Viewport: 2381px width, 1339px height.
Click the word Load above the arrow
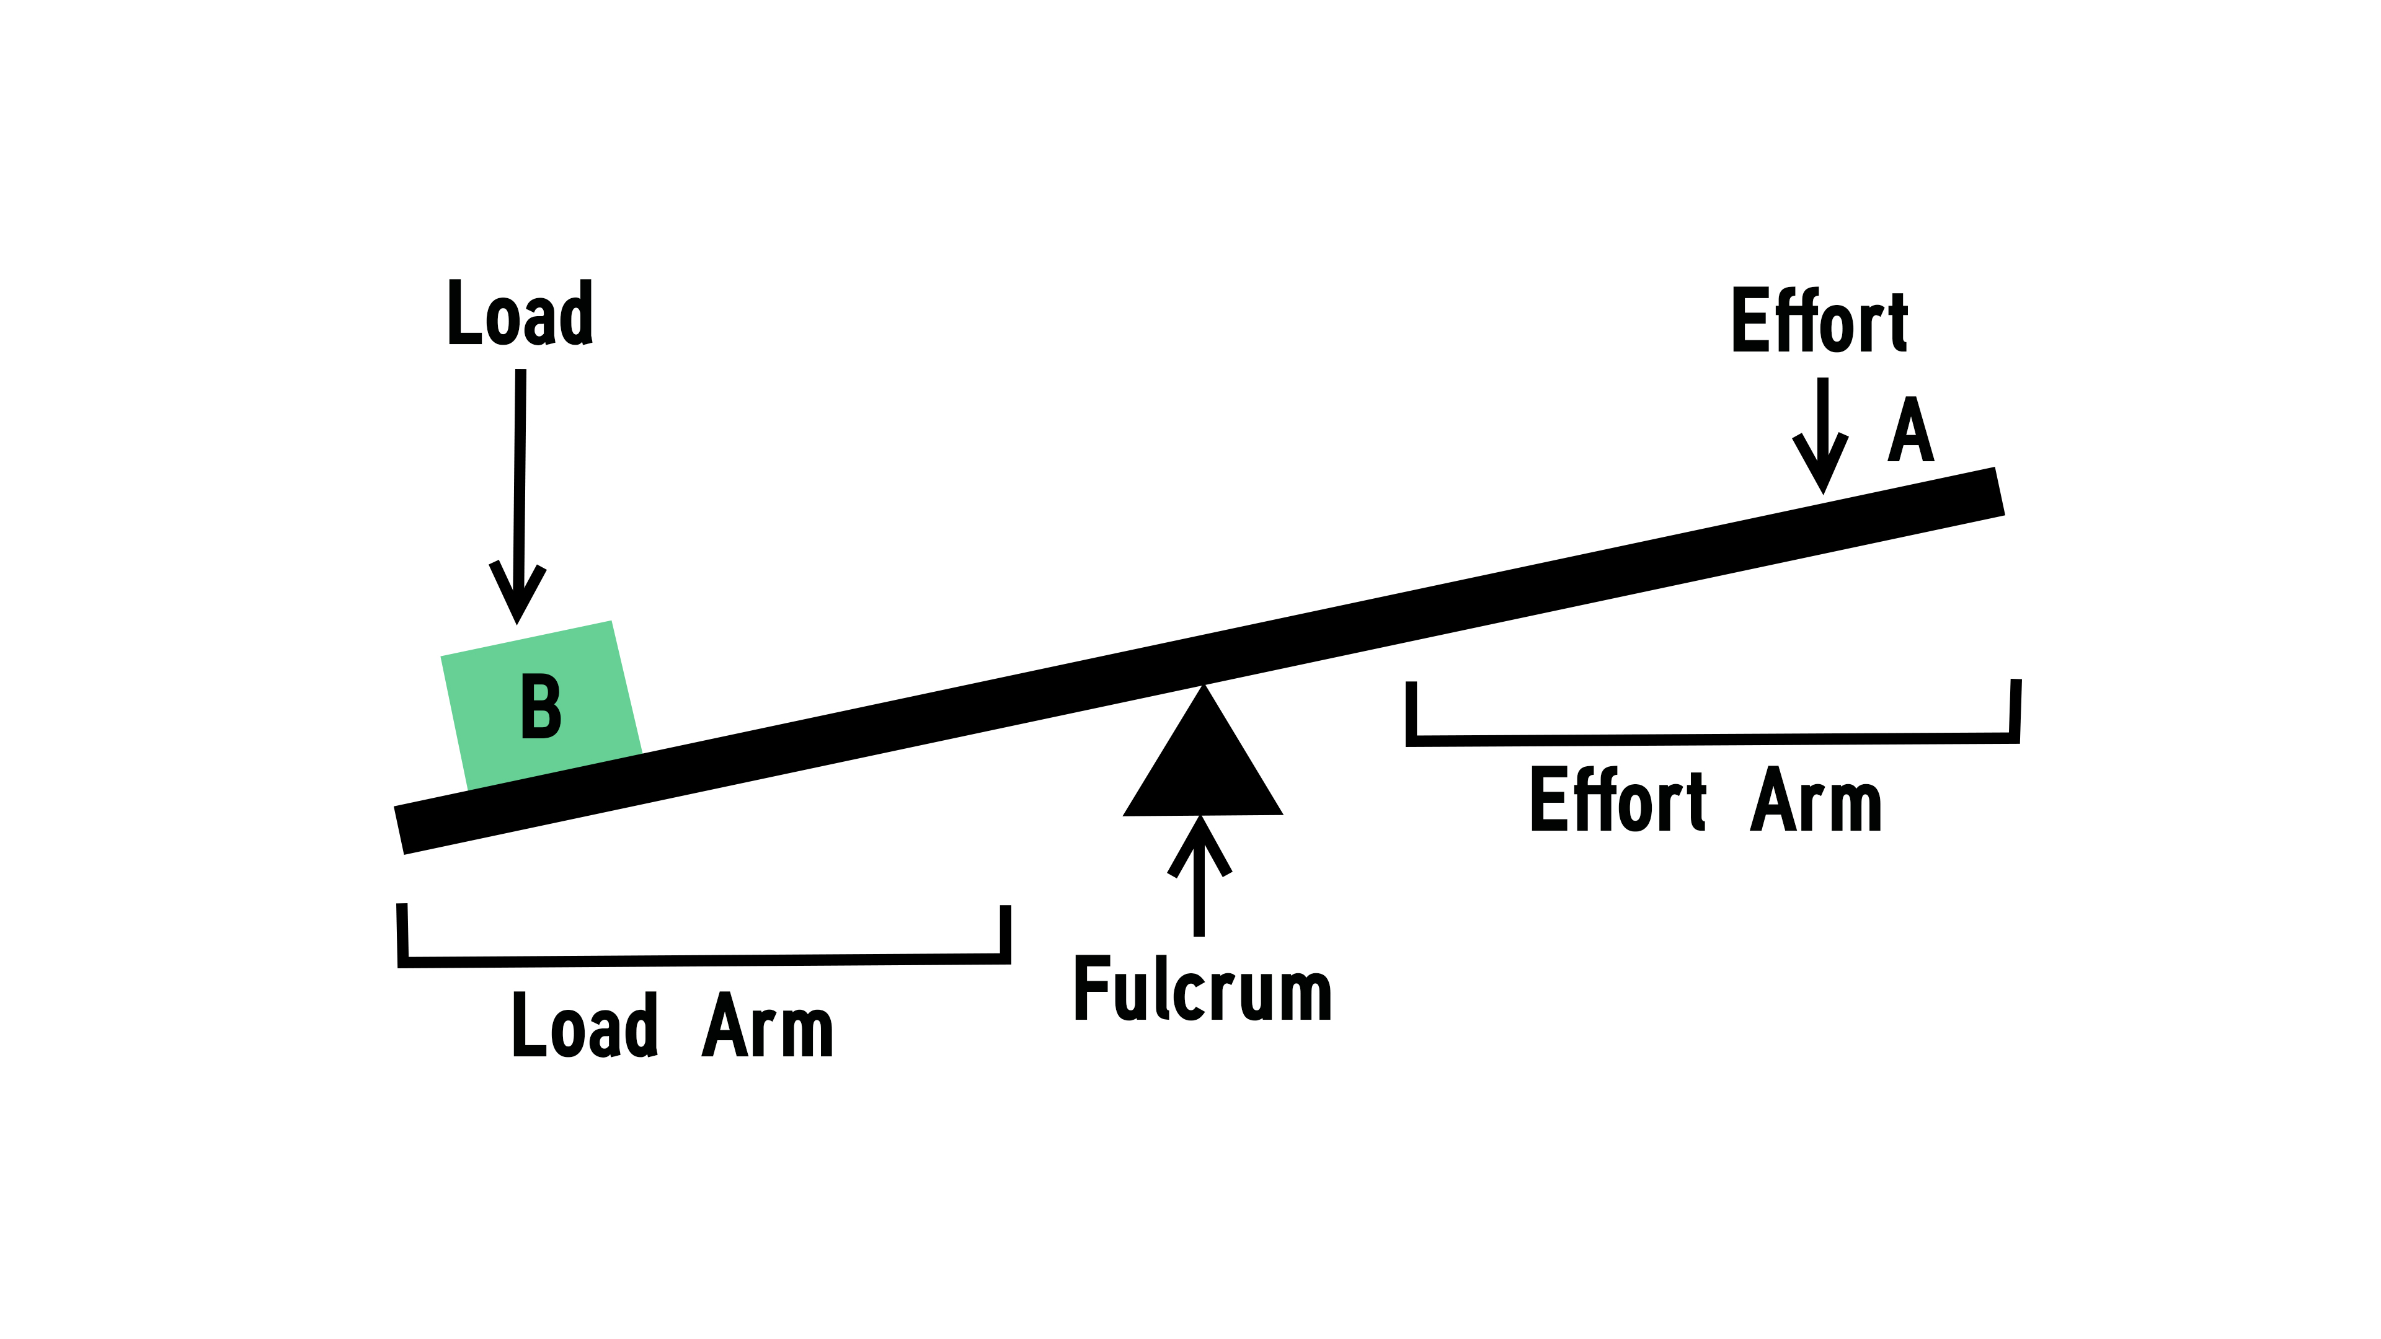pos(520,312)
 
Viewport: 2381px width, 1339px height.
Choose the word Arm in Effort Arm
pos(1816,799)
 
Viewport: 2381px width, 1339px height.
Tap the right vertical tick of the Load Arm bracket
pos(1006,934)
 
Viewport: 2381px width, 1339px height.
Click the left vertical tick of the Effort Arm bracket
pos(1411,712)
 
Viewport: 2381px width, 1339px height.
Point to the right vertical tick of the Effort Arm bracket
pos(2015,710)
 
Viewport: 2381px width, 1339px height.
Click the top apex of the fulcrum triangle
pos(1204,689)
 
